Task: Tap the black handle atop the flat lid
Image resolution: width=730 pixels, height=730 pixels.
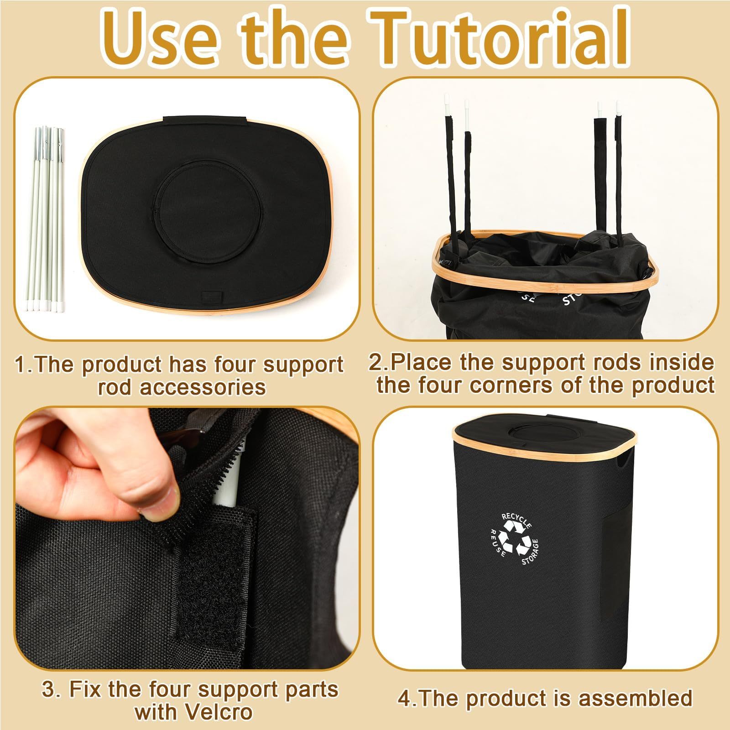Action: click(205, 122)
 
